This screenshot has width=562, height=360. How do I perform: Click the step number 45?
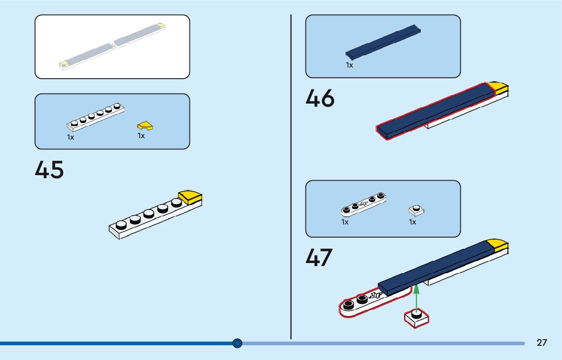(49, 170)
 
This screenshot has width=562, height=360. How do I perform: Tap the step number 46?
(320, 98)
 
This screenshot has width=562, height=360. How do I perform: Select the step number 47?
(319, 257)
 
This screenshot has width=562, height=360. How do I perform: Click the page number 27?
(542, 343)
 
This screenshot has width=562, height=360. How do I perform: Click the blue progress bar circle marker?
(237, 344)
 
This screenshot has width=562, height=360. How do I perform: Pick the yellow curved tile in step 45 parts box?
(145, 125)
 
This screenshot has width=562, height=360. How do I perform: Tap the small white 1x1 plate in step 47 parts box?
(416, 210)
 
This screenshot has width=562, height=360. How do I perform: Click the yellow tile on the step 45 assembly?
(191, 197)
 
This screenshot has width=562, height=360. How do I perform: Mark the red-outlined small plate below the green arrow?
(417, 318)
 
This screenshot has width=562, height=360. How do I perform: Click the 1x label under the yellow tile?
(141, 136)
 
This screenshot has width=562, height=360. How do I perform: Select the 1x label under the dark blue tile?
(350, 65)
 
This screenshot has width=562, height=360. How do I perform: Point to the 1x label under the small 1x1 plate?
(413, 222)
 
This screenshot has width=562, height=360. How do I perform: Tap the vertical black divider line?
(291, 178)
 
